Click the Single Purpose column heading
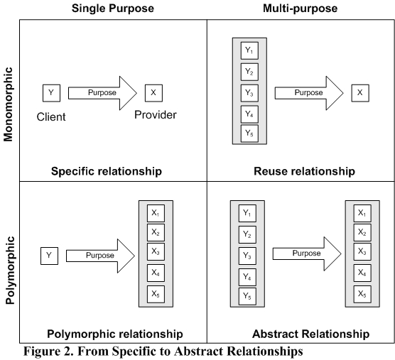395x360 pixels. click(113, 9)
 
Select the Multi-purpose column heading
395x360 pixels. click(300, 9)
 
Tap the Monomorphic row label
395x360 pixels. click(8, 104)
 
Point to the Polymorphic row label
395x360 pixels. click(9, 271)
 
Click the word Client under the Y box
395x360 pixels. click(51, 117)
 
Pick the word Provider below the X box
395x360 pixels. click(156, 115)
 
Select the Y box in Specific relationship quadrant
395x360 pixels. click(51, 93)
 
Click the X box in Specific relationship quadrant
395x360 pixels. click(153, 93)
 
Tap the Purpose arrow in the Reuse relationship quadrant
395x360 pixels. click(309, 93)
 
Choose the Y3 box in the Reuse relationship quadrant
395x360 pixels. click(249, 93)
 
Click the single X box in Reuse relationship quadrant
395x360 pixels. click(360, 93)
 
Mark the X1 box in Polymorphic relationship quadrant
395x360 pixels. click(156, 213)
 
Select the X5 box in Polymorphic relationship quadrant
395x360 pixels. click(156, 294)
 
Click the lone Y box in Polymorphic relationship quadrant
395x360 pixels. click(50, 256)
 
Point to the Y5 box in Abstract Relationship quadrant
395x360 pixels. click(247, 296)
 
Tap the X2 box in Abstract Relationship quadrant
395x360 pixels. click(362, 233)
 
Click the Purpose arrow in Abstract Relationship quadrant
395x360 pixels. click(307, 253)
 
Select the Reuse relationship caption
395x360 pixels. click(304, 171)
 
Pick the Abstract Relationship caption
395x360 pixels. click(311, 334)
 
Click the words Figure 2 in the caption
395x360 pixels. click(48, 351)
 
